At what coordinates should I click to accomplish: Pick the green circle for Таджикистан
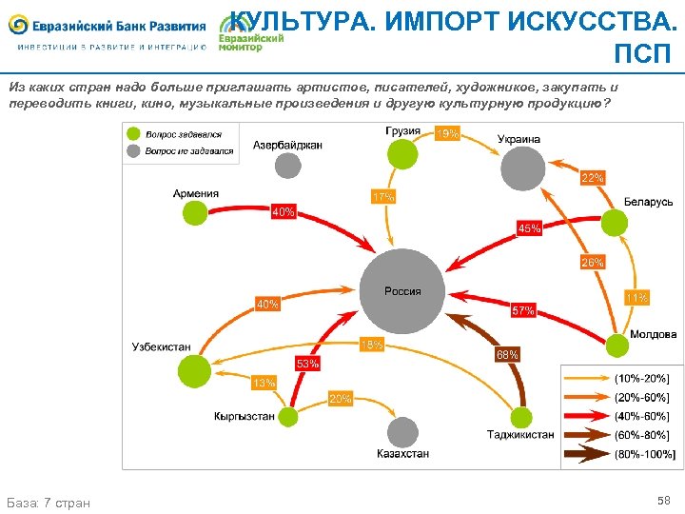pos(521,417)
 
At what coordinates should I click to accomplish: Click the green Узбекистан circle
pos(194,370)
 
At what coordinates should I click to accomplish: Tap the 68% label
pos(507,354)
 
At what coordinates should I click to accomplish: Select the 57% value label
pos(523,310)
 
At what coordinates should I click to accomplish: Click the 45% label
pos(529,227)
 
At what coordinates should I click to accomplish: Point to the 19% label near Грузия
pos(446,134)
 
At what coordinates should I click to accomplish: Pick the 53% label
pos(307,364)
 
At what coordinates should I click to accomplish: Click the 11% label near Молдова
pos(636,298)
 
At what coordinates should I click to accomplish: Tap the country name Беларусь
pos(648,202)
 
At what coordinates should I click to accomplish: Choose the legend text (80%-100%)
pos(645,453)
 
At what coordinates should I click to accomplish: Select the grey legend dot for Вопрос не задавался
pos(135,150)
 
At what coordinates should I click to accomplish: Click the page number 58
pos(663,500)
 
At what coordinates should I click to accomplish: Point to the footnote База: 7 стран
pos(49,502)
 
